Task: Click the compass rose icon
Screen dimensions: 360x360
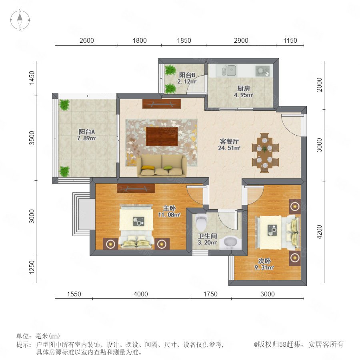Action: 20,20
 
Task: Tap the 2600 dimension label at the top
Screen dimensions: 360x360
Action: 86,41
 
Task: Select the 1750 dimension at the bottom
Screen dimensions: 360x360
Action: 210,294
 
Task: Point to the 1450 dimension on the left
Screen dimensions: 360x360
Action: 32,78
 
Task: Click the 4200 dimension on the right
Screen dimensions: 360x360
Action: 319,232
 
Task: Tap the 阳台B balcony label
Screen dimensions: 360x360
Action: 187,75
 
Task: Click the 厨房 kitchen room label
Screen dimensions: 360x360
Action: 243,88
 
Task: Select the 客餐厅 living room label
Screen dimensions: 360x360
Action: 229,142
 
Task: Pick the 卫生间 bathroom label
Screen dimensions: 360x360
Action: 207,236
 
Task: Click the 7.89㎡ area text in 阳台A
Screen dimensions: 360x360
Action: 86,138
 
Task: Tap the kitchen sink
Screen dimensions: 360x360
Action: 229,70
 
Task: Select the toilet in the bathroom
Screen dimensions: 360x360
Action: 201,222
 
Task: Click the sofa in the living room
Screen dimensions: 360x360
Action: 162,165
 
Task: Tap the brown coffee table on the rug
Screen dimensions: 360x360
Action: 162,136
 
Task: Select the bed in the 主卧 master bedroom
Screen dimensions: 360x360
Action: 136,227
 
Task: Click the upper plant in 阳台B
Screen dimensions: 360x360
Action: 170,70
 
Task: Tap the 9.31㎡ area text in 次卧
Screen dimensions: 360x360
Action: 264,268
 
